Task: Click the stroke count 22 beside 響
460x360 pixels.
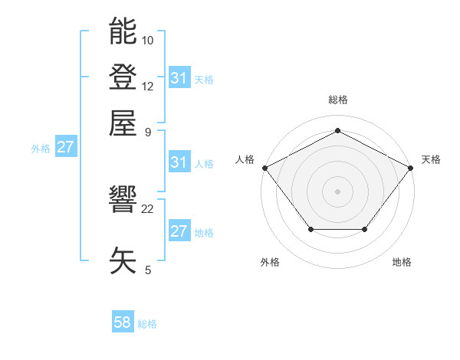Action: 148,208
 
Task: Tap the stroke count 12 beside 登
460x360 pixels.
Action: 148,86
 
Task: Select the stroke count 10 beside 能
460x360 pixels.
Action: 148,40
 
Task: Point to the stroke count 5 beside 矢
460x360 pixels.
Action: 148,270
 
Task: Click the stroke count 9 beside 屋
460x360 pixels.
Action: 148,132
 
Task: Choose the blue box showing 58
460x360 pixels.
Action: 123,322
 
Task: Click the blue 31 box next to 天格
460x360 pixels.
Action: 179,78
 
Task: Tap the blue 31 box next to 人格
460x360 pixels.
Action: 179,162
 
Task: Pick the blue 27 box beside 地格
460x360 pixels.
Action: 179,231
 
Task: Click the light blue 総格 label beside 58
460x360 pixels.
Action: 147,324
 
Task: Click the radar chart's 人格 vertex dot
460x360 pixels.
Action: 264,167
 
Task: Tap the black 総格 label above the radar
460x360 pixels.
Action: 337,100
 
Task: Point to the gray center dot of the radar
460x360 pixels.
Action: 337,191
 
